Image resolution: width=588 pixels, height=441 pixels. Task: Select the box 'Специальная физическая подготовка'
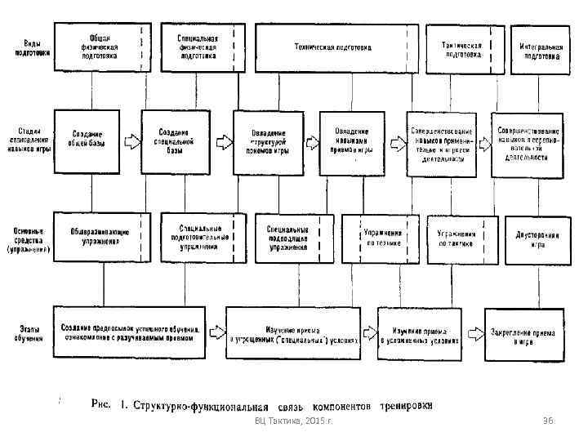[x=199, y=47]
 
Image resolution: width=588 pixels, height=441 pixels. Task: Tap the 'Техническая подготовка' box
[x=333, y=47]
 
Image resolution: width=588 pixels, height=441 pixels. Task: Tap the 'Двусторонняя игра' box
[x=537, y=238]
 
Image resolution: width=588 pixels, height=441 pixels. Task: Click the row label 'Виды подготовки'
[x=31, y=47]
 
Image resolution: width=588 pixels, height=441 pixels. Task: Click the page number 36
[x=548, y=419]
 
